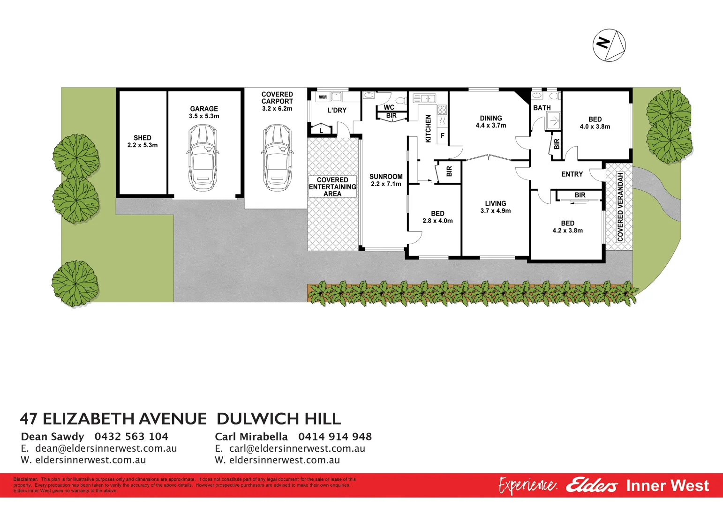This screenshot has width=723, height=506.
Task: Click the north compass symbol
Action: [609, 45]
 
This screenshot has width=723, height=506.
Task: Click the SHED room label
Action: [143, 138]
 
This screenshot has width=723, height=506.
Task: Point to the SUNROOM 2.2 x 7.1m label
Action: [386, 180]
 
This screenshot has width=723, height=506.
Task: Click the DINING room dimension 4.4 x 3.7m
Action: [491, 126]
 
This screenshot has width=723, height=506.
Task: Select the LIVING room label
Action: [496, 203]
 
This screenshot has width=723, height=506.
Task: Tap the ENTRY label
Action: [572, 174]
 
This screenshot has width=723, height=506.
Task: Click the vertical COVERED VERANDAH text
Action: [620, 207]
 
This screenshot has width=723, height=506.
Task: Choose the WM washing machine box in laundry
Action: [323, 97]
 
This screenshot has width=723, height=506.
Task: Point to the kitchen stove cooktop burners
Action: [442, 110]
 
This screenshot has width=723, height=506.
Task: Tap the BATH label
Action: [542, 108]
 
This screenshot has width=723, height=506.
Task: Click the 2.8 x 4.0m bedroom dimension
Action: [437, 221]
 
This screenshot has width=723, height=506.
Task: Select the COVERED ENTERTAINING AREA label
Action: [332, 187]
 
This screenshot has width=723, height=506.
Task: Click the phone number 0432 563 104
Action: [131, 437]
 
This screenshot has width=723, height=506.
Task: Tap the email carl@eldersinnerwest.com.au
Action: [297, 448]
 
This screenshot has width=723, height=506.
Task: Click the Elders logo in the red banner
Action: [592, 486]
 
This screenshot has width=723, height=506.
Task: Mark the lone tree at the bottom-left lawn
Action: [75, 283]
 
